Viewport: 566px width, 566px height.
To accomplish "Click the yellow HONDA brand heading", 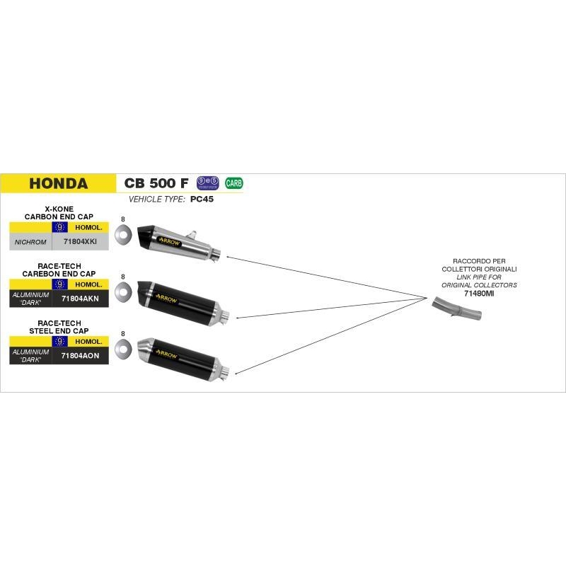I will [59, 184].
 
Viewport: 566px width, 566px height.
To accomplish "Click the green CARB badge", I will [234, 183].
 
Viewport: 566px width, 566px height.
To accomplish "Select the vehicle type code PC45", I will [202, 200].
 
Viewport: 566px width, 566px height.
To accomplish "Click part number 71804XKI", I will [80, 242].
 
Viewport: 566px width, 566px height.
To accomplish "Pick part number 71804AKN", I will [80, 299].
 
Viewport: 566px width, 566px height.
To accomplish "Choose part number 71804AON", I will [80, 355].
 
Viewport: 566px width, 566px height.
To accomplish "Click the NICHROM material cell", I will [30, 242].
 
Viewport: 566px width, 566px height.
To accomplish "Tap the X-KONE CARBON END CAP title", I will [59, 213].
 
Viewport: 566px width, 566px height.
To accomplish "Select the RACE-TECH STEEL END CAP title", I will [59, 327].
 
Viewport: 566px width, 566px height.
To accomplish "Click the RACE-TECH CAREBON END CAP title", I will [59, 270].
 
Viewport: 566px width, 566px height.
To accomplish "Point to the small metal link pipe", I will [454, 306].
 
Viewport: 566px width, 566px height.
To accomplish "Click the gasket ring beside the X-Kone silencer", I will [123, 234].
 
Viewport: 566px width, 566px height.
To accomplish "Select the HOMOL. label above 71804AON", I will [88, 341].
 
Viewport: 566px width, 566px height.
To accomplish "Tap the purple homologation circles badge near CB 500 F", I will [208, 183].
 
